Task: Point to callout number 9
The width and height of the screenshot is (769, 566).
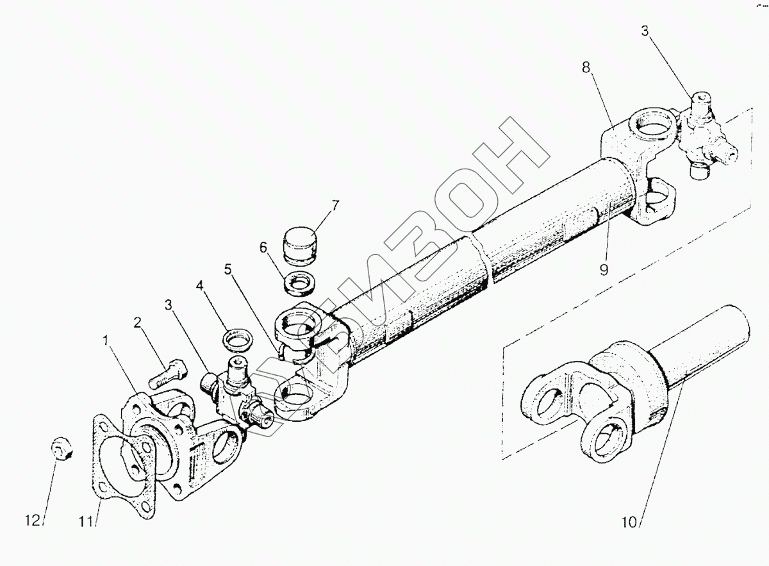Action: [603, 269]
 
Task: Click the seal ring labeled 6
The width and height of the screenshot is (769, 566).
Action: [299, 282]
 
